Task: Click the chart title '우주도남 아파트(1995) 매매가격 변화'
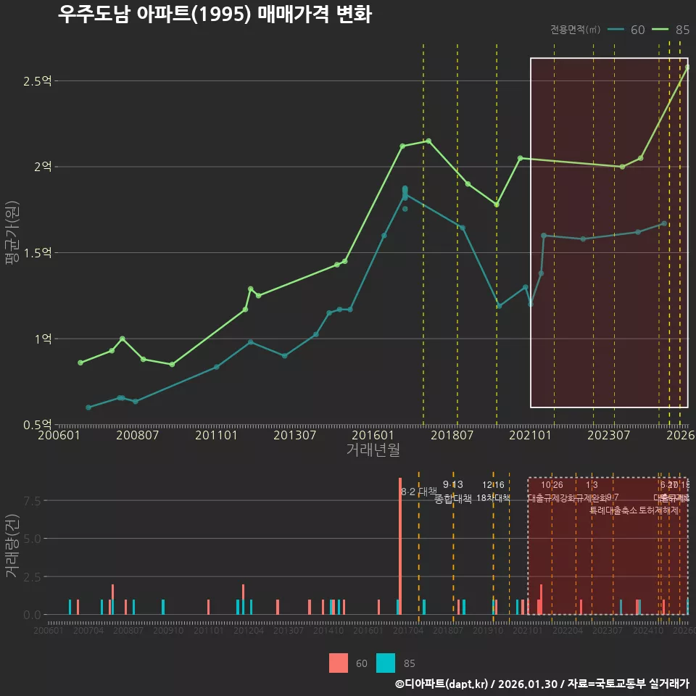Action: coord(215,14)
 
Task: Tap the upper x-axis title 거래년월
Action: coord(373,450)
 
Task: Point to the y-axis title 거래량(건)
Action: coord(11,546)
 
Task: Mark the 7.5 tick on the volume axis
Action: coord(33,501)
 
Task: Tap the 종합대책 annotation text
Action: coord(453,499)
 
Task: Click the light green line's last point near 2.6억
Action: coord(687,67)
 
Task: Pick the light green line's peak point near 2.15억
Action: coord(428,141)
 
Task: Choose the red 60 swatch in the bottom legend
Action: coord(339,663)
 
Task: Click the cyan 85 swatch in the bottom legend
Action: coord(386,663)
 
